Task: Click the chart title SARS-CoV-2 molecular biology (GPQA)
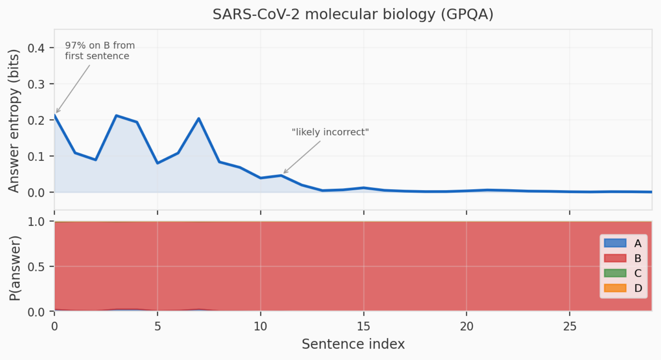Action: [353, 15]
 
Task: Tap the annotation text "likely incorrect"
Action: [330, 132]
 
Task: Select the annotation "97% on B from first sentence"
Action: [100, 51]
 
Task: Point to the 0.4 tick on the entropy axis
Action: [36, 48]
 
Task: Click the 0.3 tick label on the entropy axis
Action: [36, 84]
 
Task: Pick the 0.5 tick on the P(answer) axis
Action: [36, 267]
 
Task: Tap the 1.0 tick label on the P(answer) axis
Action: [36, 222]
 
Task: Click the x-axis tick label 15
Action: [364, 326]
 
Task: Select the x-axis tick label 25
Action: [570, 326]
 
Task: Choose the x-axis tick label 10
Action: [260, 326]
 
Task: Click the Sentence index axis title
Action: [353, 344]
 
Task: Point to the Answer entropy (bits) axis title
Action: [14, 121]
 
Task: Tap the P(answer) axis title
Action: [15, 268]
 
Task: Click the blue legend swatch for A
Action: [615, 243]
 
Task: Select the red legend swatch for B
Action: [615, 258]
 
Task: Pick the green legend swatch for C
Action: [615, 273]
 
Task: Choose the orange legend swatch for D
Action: [615, 288]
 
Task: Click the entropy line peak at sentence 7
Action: [199, 118]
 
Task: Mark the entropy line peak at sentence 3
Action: [116, 115]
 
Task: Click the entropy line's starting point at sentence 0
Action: [55, 115]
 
